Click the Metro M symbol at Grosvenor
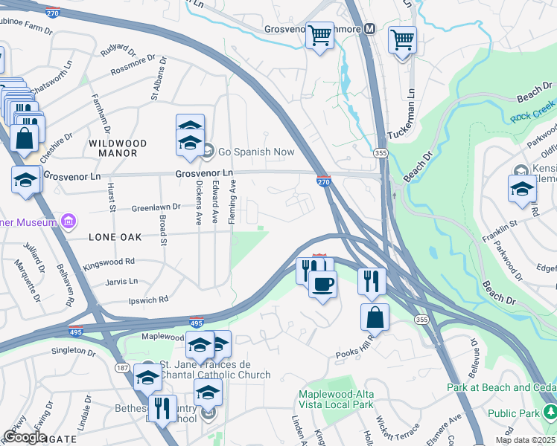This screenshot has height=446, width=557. (x=368, y=29)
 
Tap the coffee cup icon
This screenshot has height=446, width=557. (x=322, y=284)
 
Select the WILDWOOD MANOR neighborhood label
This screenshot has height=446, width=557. (x=113, y=147)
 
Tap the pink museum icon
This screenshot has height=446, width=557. (x=69, y=222)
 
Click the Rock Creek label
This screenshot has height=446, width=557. (x=529, y=116)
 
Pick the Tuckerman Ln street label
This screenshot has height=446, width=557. (x=410, y=115)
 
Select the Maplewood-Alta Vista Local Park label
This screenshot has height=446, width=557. (x=336, y=399)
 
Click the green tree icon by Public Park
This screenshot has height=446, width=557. (x=550, y=411)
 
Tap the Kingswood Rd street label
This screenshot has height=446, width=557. (x=109, y=262)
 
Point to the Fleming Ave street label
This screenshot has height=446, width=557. (x=232, y=194)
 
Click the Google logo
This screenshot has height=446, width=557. (x=25, y=436)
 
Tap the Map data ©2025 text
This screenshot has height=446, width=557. (x=525, y=440)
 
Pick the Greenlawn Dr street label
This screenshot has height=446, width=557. (x=156, y=207)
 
